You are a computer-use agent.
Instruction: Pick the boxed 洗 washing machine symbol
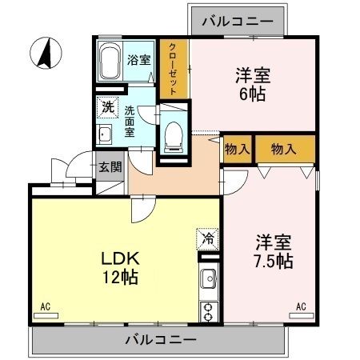(x=106, y=106)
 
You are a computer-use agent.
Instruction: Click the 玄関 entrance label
(x=110, y=167)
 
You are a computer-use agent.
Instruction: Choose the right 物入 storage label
(x=283, y=149)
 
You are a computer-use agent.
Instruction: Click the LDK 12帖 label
(x=119, y=268)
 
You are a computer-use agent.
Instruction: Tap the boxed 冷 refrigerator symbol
(x=207, y=238)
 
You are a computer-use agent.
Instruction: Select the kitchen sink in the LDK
(x=209, y=282)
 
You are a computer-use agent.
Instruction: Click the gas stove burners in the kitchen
(x=209, y=310)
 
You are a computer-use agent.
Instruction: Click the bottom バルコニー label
(x=160, y=340)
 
